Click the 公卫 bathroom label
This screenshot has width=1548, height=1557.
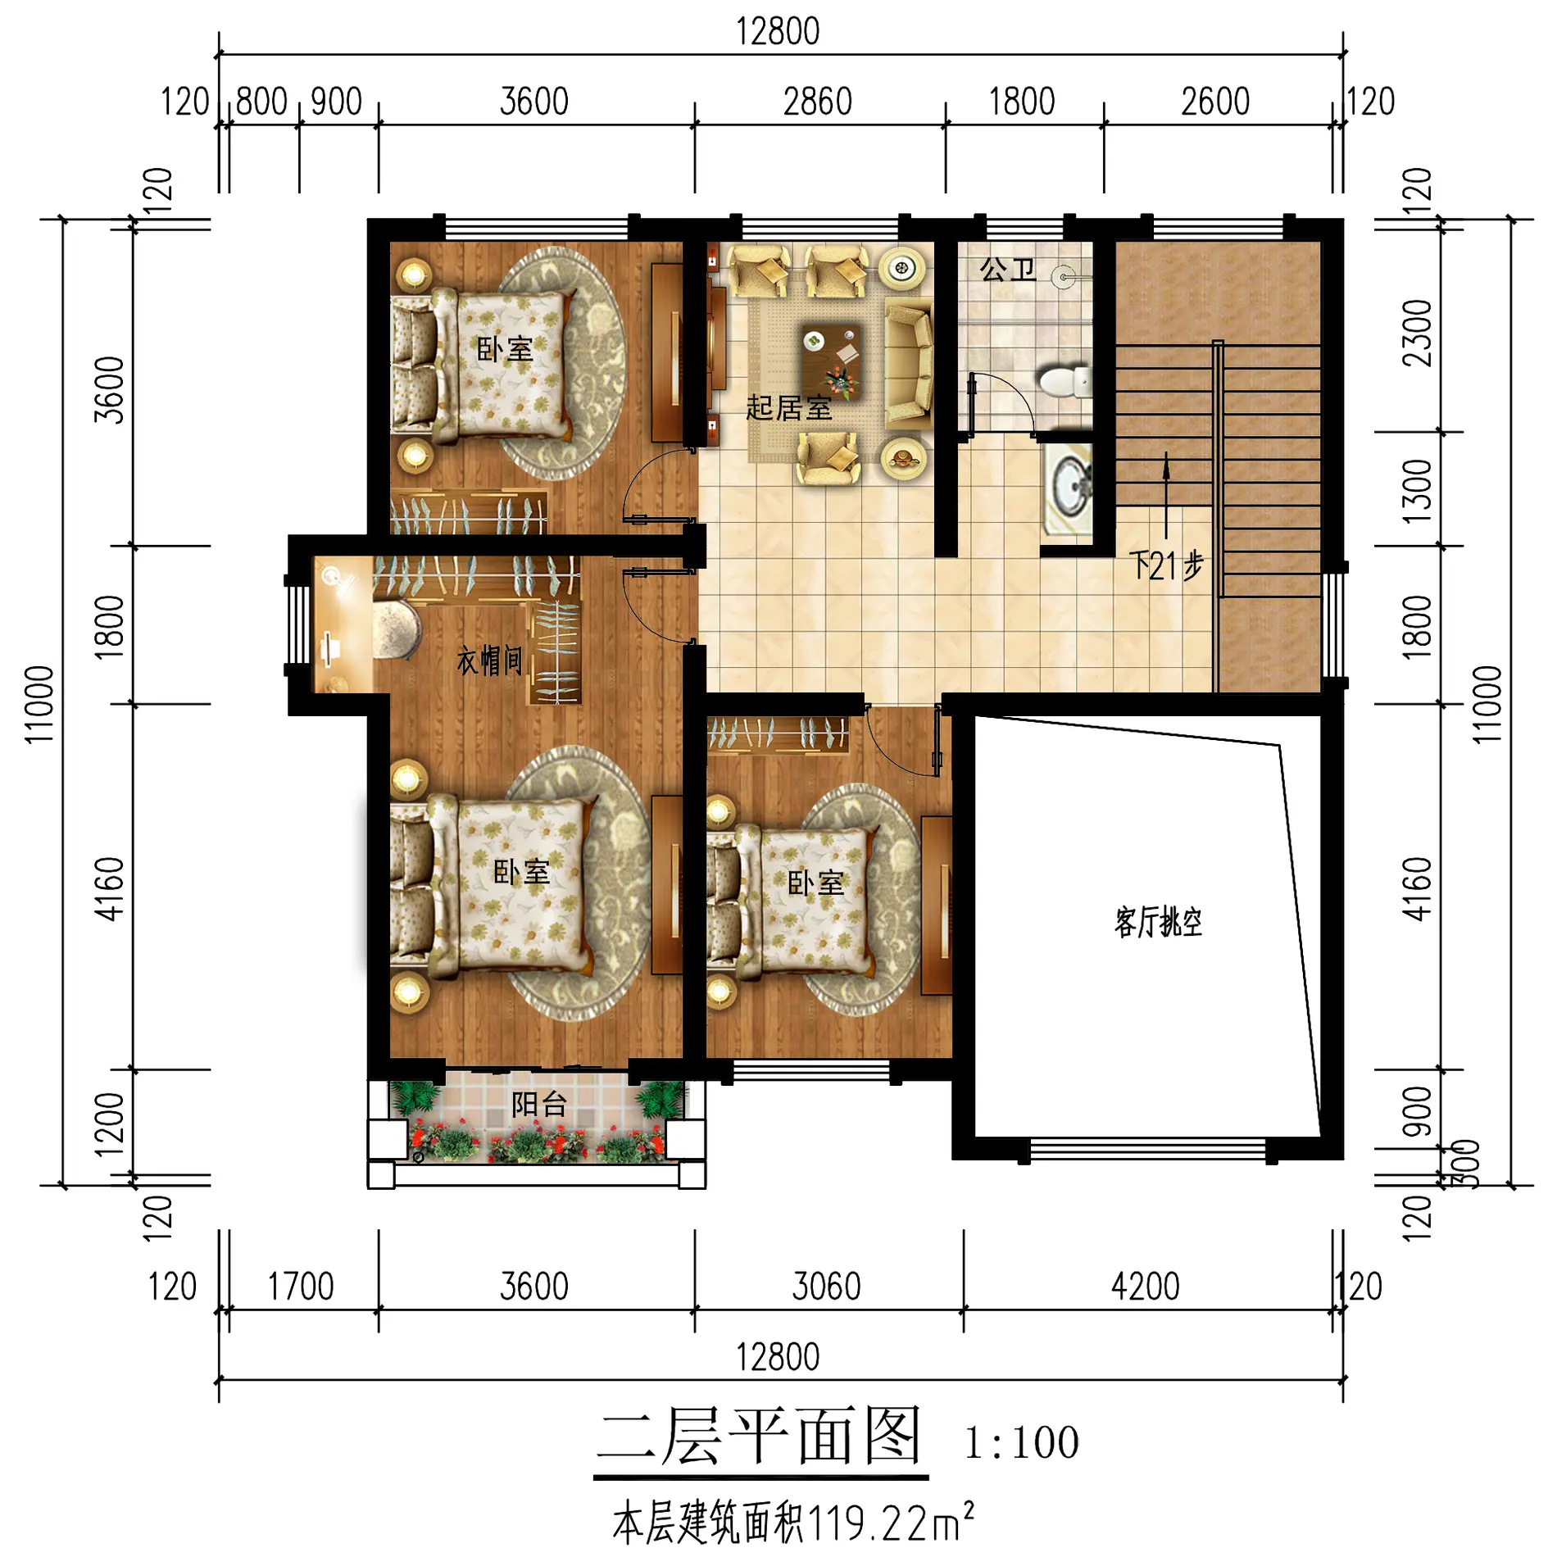[1007, 268]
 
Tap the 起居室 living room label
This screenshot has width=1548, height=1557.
[788, 407]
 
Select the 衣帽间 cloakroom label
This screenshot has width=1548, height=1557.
[489, 660]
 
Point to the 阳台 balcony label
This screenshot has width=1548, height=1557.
[538, 1105]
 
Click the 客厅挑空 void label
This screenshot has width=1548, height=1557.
[1158, 922]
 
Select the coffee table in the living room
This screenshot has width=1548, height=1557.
[832, 361]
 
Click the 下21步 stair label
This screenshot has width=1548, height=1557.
[1166, 565]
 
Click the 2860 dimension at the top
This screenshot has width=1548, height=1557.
[818, 102]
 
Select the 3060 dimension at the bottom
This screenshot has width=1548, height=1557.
[826, 1287]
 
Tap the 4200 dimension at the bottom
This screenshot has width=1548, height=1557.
[1145, 1287]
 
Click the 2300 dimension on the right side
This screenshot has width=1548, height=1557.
[1417, 333]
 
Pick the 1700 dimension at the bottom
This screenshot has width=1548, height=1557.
[301, 1287]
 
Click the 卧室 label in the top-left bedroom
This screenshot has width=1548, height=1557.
[505, 350]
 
